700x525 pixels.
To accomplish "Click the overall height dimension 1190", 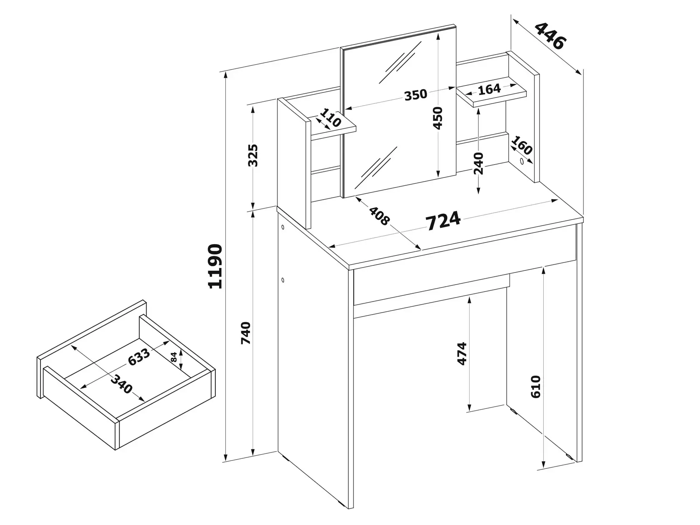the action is click(215, 266).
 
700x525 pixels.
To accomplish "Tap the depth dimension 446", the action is click(550, 36).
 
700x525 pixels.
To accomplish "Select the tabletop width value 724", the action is click(443, 220).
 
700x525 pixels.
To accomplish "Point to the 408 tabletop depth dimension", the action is click(380, 216).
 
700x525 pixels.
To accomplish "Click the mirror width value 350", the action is click(415, 95).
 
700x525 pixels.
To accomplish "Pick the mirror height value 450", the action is click(438, 118).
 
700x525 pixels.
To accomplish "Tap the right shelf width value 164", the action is click(489, 89).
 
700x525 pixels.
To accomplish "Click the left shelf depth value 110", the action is click(330, 117).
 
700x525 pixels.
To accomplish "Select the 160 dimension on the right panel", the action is click(522, 145).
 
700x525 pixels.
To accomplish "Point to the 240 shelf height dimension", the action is click(479, 163).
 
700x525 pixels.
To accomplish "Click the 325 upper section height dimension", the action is click(253, 155).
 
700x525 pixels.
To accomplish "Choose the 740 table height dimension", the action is click(245, 333).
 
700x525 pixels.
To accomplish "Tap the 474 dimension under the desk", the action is click(462, 353).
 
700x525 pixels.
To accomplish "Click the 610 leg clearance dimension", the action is click(536, 387).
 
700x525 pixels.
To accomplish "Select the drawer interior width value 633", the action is click(139, 357).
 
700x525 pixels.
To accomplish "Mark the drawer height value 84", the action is click(173, 357).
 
